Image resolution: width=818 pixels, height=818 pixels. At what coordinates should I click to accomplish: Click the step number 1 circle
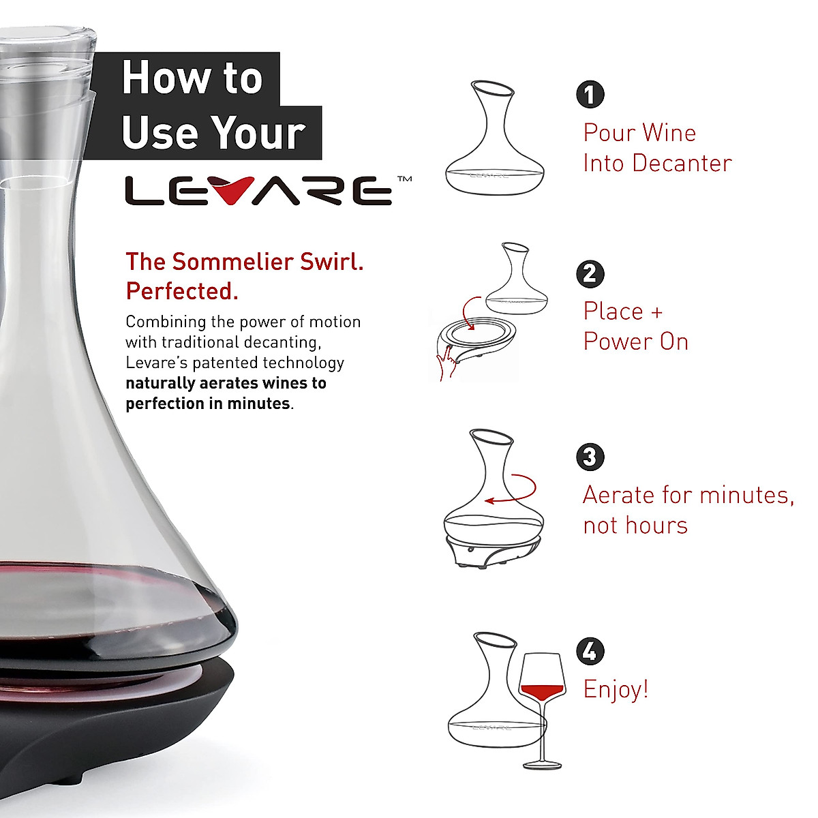tap(590, 95)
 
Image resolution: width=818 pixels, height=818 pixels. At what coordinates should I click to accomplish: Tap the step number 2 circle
tap(590, 274)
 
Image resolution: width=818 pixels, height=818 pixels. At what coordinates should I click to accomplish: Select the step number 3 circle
tap(590, 457)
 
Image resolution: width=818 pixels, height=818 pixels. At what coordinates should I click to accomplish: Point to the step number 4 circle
tap(590, 652)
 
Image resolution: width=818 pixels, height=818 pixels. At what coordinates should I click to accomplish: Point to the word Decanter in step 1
tap(682, 164)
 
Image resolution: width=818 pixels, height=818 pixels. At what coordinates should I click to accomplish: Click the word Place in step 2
tap(613, 312)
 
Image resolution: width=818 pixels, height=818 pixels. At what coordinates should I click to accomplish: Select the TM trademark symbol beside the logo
tap(404, 179)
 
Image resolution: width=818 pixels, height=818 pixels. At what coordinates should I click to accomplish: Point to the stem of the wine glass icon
tap(543, 733)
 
